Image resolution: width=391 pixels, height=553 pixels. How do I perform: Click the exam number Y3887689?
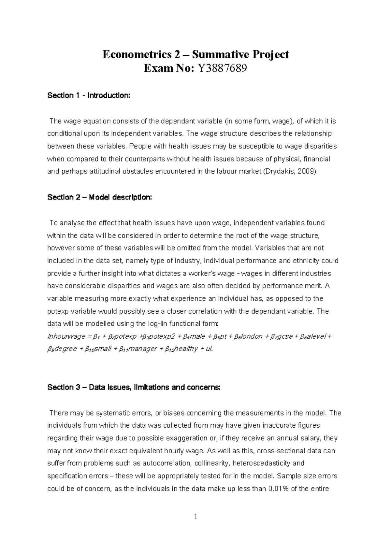[x=221, y=68]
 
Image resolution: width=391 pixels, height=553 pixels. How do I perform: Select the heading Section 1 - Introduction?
[x=89, y=95]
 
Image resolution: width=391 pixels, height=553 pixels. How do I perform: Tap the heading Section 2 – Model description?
[x=99, y=197]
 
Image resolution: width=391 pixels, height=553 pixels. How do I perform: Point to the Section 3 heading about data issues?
[x=134, y=387]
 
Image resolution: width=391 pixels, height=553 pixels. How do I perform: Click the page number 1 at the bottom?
[x=195, y=517]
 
